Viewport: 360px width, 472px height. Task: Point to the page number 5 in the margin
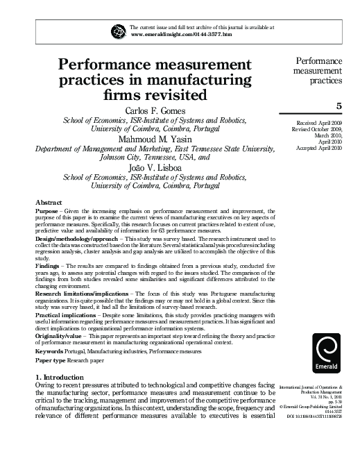pos(339,106)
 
